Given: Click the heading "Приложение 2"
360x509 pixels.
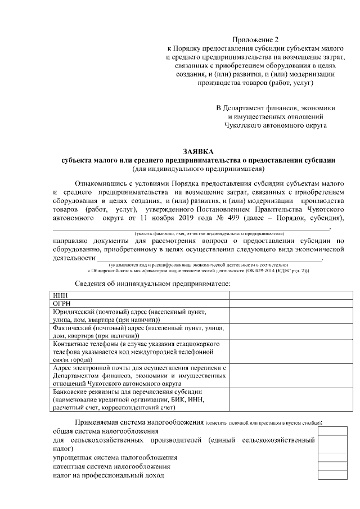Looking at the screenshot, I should coord(256,39).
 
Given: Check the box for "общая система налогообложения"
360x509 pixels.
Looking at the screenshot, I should coord(332,431).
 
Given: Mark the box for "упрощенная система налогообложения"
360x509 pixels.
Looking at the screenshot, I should coord(332,458).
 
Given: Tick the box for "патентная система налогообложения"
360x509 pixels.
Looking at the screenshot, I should coord(332,467).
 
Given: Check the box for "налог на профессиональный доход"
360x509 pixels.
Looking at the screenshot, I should coord(332,476).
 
